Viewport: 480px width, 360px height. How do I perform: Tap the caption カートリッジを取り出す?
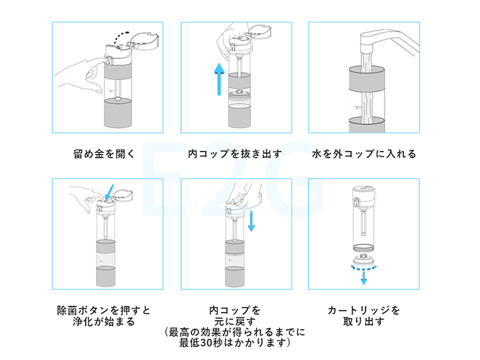(363, 315)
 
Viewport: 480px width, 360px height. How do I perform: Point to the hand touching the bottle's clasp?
(82, 72)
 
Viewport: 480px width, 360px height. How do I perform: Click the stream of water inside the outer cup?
(363, 103)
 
